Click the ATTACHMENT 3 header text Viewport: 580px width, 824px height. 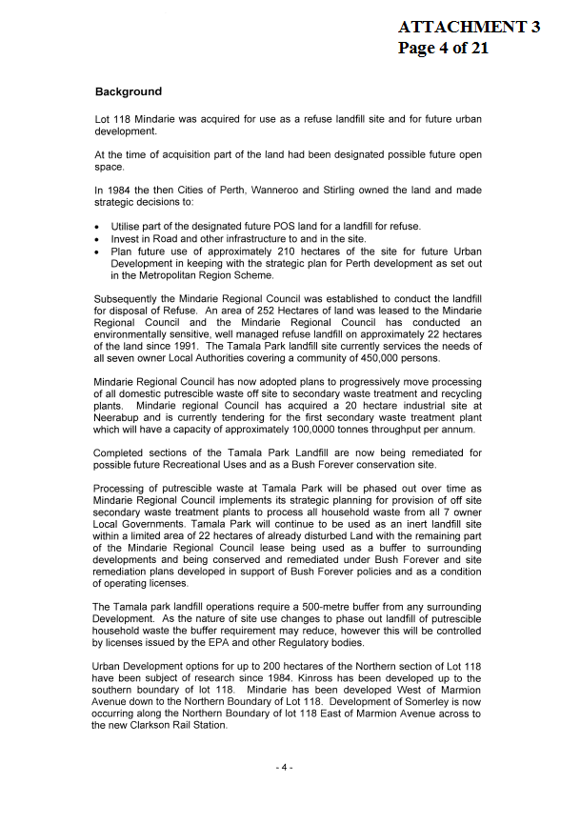point(470,27)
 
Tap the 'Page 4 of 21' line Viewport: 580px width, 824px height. point(443,48)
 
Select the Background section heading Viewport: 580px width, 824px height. point(129,92)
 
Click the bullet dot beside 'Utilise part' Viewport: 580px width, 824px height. point(98,227)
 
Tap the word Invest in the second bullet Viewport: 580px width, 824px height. point(126,239)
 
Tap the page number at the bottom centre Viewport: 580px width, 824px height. point(285,768)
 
